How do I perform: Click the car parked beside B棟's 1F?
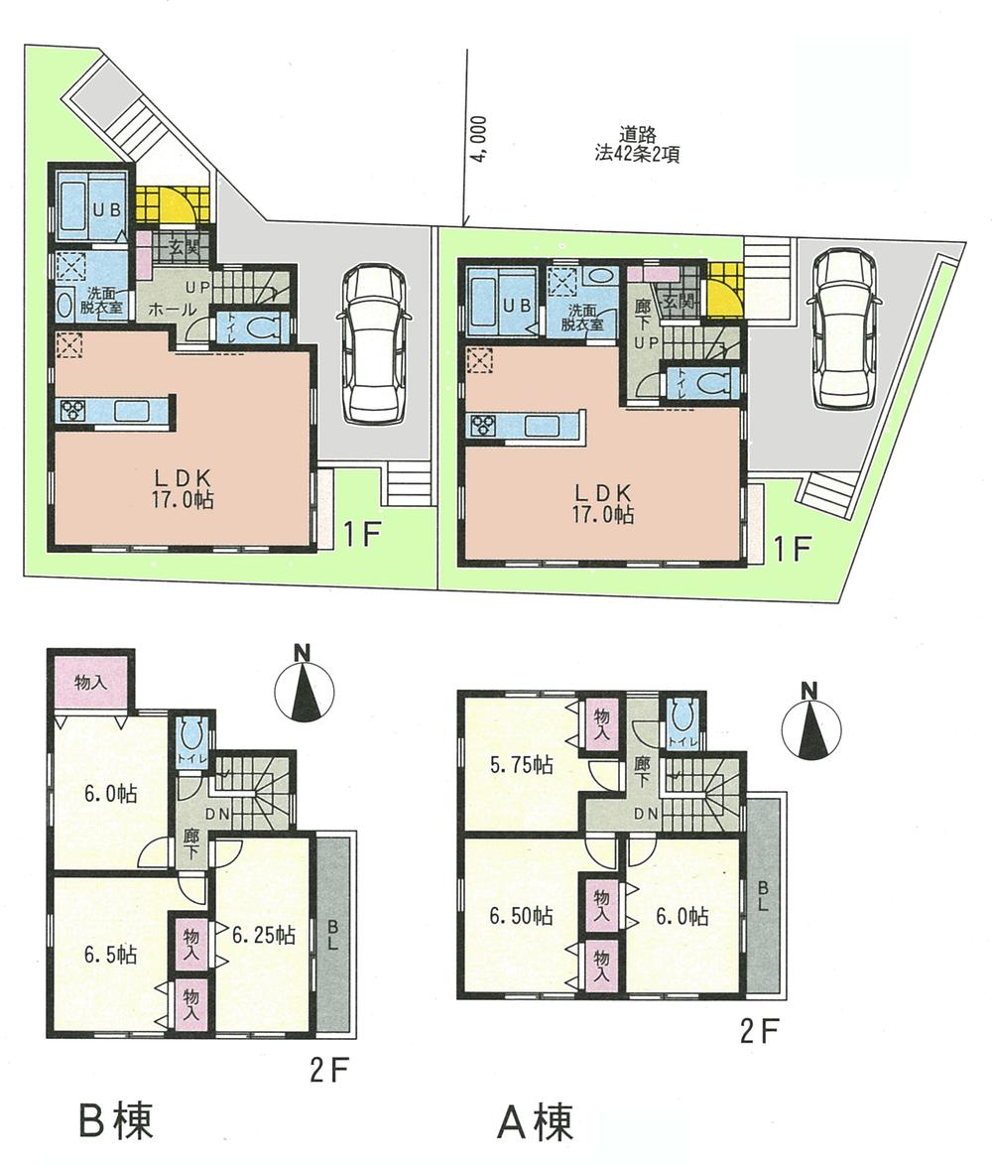tap(372, 344)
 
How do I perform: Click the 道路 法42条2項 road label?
tap(643, 145)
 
